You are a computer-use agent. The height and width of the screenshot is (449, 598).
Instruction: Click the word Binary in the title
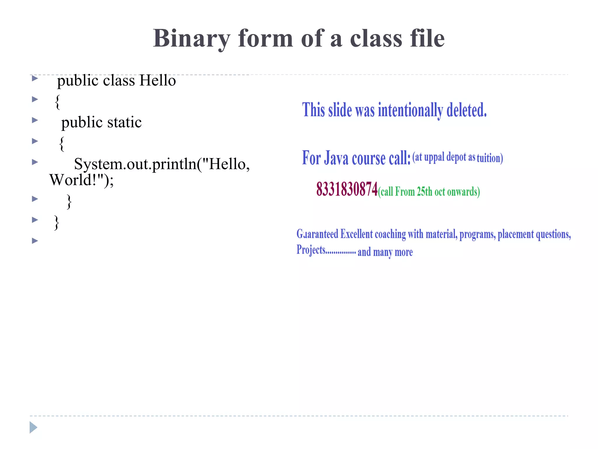pyautogui.click(x=192, y=39)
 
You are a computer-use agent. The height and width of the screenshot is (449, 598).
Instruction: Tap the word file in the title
pyautogui.click(x=427, y=39)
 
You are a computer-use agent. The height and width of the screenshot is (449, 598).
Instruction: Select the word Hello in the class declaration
pyautogui.click(x=158, y=80)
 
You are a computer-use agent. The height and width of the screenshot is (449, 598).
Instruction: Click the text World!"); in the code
pyautogui.click(x=81, y=180)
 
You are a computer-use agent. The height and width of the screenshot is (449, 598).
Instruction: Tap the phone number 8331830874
pyautogui.click(x=347, y=189)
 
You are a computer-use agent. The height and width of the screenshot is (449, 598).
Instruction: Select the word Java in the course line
pyautogui.click(x=336, y=158)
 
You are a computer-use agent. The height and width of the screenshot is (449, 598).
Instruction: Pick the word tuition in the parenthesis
pyautogui.click(x=490, y=158)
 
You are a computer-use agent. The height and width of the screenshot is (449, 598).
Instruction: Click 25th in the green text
pyautogui.click(x=424, y=192)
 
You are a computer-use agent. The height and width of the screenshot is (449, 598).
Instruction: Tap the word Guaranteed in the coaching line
pyautogui.click(x=317, y=234)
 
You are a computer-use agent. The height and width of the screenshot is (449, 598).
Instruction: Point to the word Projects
pyautogui.click(x=311, y=250)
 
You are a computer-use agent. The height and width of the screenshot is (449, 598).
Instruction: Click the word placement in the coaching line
pyautogui.click(x=516, y=234)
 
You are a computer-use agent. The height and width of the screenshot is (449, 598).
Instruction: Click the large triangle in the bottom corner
pyautogui.click(x=33, y=427)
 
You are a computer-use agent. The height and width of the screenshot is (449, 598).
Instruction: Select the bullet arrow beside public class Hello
pyautogui.click(x=35, y=78)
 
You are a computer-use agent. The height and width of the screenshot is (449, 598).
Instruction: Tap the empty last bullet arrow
pyautogui.click(x=35, y=241)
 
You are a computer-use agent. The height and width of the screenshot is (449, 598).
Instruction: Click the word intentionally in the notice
pyautogui.click(x=410, y=110)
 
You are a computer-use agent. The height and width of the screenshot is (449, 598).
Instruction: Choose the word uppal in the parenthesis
pyautogui.click(x=434, y=157)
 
